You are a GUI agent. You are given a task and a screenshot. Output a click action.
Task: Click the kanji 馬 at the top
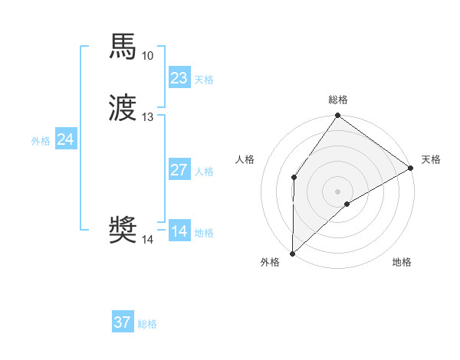(x=123, y=47)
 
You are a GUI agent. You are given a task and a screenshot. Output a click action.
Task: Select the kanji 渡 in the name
(x=123, y=108)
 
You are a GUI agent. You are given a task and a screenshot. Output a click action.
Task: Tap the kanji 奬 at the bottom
(x=123, y=231)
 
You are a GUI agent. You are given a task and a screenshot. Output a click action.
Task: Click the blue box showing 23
(x=179, y=78)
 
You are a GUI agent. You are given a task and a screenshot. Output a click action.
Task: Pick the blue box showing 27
(x=179, y=170)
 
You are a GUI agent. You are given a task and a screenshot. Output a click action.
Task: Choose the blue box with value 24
(x=66, y=139)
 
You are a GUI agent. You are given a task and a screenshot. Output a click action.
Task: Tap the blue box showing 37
(x=123, y=322)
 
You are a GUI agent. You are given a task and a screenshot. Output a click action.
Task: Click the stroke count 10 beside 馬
(x=147, y=56)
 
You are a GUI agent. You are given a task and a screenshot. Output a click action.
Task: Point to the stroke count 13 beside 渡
(x=147, y=117)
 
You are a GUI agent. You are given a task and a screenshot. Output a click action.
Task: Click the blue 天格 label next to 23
(x=204, y=80)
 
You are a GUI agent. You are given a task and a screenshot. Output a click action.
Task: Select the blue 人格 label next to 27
(x=204, y=172)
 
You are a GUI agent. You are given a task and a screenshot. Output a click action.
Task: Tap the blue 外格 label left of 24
(x=41, y=141)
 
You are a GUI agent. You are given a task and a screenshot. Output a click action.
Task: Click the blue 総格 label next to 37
(x=147, y=324)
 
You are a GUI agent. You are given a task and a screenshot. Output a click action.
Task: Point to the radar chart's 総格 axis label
(x=338, y=100)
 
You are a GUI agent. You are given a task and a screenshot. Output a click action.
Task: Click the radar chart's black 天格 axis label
(x=431, y=159)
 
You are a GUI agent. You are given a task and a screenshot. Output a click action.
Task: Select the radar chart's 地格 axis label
(x=402, y=263)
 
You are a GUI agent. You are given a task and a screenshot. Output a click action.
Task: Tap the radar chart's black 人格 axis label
(x=245, y=159)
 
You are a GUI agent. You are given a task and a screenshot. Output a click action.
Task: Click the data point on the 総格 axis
(x=338, y=116)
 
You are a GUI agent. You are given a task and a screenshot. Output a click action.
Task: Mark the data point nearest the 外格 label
(x=292, y=253)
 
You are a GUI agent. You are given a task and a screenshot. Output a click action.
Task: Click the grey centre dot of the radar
(x=338, y=191)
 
